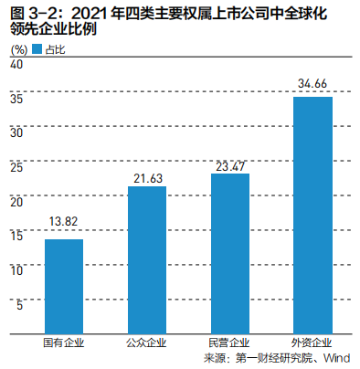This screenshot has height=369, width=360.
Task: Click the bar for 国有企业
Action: click(64, 289)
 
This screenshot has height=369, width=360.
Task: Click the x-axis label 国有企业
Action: click(64, 344)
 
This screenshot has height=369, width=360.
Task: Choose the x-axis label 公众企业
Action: click(146, 344)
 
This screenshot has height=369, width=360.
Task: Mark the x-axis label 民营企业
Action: click(229, 344)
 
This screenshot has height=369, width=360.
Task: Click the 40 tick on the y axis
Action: click(18, 64)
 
